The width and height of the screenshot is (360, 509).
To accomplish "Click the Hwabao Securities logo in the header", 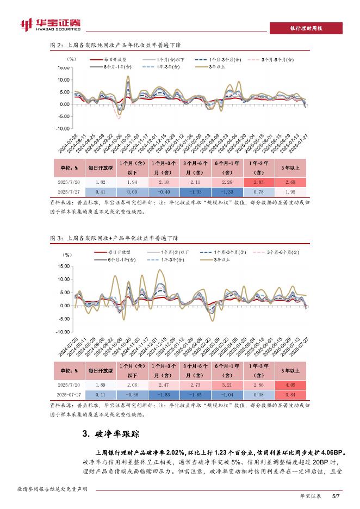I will click(x=49, y=24).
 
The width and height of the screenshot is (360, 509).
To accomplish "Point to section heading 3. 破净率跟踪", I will click(x=111, y=433).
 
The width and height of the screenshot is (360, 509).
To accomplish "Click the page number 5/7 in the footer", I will click(x=336, y=496).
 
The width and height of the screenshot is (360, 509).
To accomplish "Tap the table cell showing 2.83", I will click(x=259, y=182).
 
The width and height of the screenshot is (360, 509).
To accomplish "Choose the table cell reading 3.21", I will click(x=226, y=384).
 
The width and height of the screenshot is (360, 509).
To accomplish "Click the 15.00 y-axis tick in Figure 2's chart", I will click(x=64, y=68).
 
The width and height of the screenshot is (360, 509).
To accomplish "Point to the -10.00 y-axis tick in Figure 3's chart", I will click(x=63, y=331).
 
